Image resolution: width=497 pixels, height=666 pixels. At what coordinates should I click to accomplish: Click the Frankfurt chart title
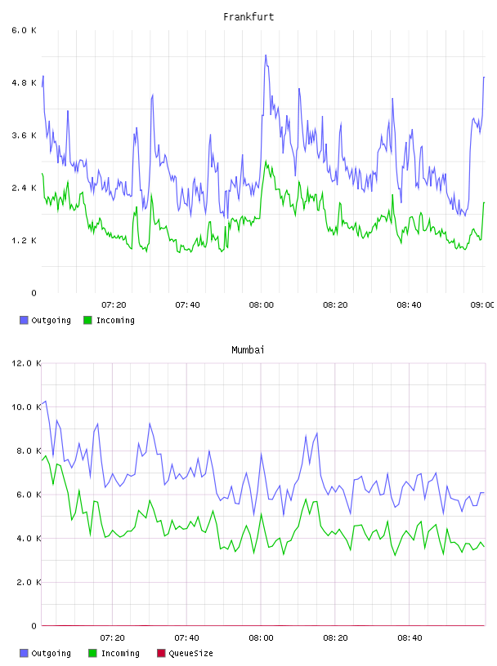[x=248, y=17]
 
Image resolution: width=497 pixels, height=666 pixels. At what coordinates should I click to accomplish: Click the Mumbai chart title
[x=248, y=350]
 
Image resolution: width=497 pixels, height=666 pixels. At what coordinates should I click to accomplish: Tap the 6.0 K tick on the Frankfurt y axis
[x=24, y=30]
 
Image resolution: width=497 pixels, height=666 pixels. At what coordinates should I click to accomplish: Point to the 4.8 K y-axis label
[x=24, y=82]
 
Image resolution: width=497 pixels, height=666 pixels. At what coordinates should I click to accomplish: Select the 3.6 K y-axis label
[x=24, y=135]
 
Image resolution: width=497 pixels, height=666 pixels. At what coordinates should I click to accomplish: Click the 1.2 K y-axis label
[x=24, y=241]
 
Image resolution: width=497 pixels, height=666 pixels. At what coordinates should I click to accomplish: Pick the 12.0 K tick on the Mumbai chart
[x=26, y=363]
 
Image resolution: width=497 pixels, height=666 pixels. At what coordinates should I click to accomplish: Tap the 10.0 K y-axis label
[x=26, y=407]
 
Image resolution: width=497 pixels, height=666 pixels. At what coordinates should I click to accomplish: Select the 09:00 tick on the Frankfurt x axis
[x=482, y=305]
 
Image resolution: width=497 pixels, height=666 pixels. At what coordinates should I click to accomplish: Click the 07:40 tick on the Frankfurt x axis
[x=188, y=305]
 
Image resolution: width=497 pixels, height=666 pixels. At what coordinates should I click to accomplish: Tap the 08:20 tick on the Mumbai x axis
[x=335, y=638]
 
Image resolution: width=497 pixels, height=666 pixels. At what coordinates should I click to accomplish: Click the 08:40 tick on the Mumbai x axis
[x=410, y=638]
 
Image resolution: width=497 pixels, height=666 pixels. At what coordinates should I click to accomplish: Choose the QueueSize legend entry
[x=185, y=653]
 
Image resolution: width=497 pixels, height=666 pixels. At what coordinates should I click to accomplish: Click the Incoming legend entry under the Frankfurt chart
[x=110, y=320]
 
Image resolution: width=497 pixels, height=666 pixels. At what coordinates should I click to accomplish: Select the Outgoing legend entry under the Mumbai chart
[x=46, y=653]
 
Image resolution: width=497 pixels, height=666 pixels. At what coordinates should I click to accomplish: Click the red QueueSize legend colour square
[x=161, y=653]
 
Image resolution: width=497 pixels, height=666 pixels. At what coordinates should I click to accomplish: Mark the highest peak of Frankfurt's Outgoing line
[x=266, y=55]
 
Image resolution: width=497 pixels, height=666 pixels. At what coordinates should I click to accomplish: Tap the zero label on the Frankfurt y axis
[x=34, y=293]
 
